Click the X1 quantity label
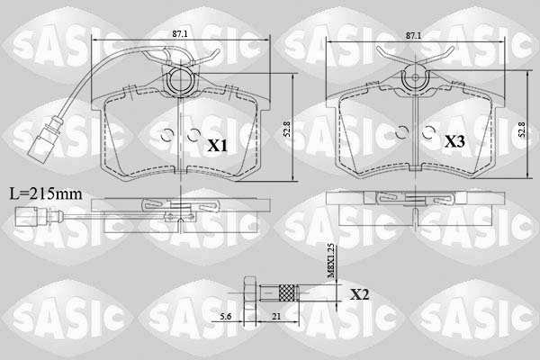click(217, 145)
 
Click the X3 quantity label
click(455, 142)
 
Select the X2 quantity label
click(360, 293)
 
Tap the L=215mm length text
click(44, 193)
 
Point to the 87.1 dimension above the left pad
click(180, 33)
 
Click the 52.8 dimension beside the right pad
click(519, 129)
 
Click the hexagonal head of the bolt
click(247, 292)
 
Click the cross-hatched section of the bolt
click(285, 292)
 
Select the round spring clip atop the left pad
click(180, 83)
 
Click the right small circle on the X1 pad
click(193, 136)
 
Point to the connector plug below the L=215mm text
click(24, 215)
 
